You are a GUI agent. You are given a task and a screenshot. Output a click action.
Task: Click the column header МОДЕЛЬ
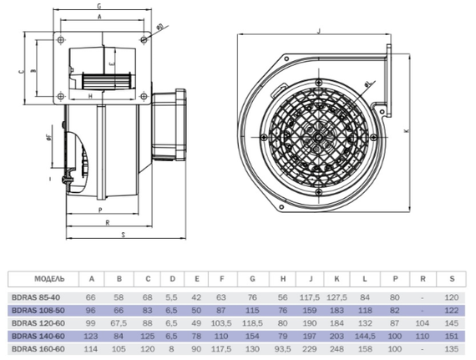tap(49, 279)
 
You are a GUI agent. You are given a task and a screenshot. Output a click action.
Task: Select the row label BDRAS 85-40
tap(36, 297)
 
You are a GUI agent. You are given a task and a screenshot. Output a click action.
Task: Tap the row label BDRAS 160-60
tap(38, 349)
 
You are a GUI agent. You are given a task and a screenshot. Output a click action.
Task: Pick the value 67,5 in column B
tap(119, 323)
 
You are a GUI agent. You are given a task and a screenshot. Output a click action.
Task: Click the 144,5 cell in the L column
tap(365, 337)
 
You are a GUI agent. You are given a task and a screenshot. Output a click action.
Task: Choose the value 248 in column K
tap(337, 349)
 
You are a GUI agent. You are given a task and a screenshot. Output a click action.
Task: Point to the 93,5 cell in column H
tap(282, 349)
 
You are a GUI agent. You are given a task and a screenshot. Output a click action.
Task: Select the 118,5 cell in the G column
tap(252, 323)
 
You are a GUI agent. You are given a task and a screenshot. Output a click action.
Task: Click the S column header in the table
tap(452, 279)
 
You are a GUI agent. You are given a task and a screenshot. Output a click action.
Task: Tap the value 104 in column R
tap(423, 323)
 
